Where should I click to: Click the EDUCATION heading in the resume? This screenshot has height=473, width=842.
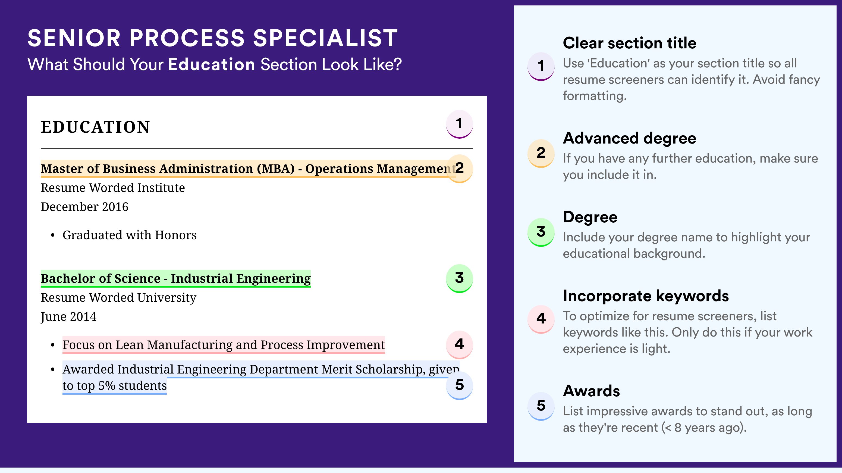(95, 127)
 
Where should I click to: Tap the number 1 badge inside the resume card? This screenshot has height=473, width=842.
(459, 124)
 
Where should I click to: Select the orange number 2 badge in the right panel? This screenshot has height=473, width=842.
(541, 153)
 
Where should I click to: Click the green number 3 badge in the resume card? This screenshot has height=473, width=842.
(459, 278)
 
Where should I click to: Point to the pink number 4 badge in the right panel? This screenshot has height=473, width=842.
(541, 319)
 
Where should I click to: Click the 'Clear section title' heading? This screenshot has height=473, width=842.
(630, 43)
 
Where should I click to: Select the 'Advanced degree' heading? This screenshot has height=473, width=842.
(630, 138)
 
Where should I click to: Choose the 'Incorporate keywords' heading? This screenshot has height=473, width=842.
(646, 296)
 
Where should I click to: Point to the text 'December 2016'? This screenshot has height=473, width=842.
(84, 207)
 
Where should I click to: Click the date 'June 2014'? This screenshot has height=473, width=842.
(69, 317)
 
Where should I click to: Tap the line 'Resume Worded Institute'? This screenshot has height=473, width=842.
(113, 188)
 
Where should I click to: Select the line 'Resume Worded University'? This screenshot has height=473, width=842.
(119, 298)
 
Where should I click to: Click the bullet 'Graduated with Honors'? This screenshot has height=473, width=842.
(130, 235)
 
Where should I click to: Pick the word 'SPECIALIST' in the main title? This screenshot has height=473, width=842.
(326, 38)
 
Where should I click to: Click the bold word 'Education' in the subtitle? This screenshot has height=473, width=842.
(212, 64)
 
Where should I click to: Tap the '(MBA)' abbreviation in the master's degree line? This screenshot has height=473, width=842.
(275, 169)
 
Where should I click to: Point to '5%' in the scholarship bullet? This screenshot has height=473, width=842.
(106, 386)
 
